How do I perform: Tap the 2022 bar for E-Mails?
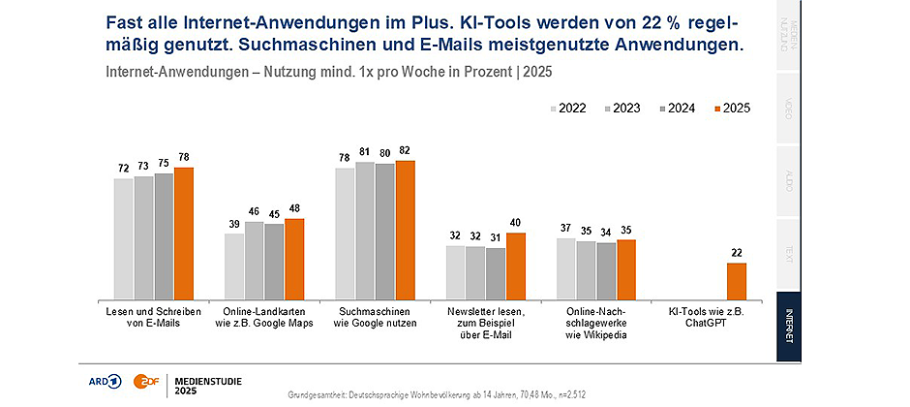pyautogui.click(x=123, y=238)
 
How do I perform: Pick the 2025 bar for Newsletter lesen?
pyautogui.click(x=516, y=266)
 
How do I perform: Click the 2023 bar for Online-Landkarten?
pyautogui.click(x=255, y=260)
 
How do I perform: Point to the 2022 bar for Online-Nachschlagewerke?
pyautogui.click(x=566, y=268)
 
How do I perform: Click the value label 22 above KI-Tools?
pyautogui.click(x=738, y=254)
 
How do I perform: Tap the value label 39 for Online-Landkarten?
pyautogui.click(x=234, y=225)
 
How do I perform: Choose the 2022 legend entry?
pyautogui.click(x=572, y=109)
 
